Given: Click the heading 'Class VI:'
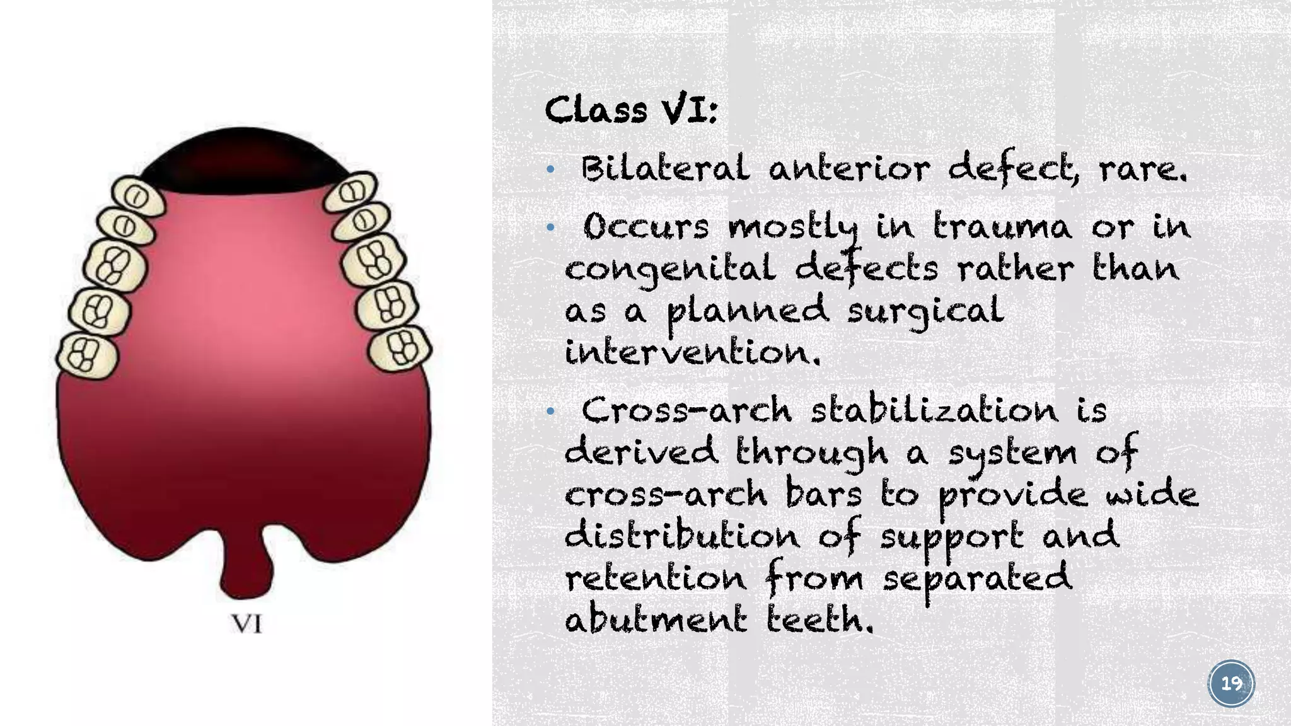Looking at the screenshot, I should [x=630, y=111].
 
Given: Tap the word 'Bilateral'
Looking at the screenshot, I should [x=665, y=169].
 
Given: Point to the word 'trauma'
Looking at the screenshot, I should [x=1002, y=226].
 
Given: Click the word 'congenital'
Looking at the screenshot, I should [x=670, y=270].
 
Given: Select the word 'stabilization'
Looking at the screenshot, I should [x=934, y=411].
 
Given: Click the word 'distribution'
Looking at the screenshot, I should [x=681, y=536].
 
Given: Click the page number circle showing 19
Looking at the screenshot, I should [x=1231, y=684].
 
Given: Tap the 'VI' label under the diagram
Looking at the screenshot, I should [x=246, y=624].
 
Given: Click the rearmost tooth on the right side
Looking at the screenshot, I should [x=400, y=348].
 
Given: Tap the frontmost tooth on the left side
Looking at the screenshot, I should [x=137, y=196].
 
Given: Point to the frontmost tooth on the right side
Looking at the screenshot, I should [x=350, y=190].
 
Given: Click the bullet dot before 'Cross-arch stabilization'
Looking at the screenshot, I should [x=550, y=412].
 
